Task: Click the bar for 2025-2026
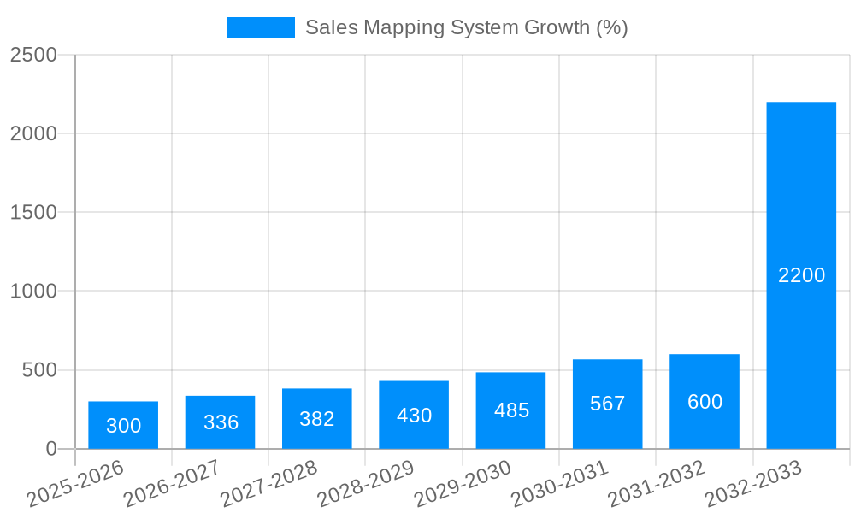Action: point(123,425)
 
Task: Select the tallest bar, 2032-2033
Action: point(801,275)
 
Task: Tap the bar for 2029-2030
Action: point(510,410)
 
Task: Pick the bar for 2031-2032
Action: point(705,401)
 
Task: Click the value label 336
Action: point(221,422)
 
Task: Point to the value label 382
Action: point(317,419)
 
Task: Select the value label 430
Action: point(414,416)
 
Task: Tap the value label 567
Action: point(608,404)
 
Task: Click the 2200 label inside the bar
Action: point(801,275)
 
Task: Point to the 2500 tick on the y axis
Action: point(33,55)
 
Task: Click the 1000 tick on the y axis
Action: point(33,292)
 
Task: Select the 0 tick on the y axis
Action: point(50,449)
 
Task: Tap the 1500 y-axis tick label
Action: point(33,213)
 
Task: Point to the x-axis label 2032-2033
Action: point(755,483)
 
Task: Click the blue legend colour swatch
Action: point(260,27)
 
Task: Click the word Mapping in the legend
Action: point(398,27)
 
